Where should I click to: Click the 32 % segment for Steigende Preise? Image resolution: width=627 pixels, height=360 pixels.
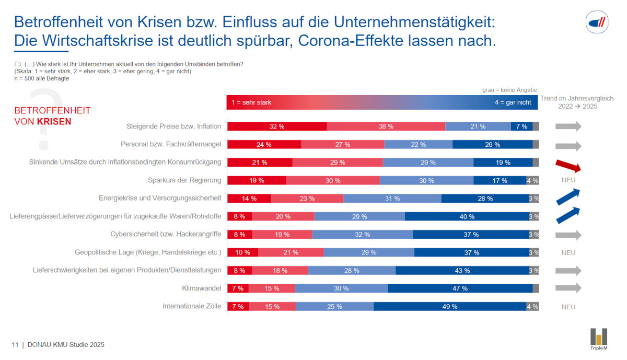[x=277, y=126]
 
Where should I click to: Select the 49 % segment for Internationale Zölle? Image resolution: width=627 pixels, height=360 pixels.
[x=450, y=307]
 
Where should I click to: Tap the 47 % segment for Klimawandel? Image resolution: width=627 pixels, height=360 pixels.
[x=460, y=288]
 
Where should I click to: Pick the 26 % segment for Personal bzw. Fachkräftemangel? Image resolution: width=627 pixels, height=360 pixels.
[x=492, y=145]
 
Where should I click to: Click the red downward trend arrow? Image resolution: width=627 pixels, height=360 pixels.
[x=568, y=166]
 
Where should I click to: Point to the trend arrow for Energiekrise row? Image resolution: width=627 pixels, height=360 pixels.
[x=568, y=196]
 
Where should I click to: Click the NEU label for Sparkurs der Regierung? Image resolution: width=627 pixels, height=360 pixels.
[x=568, y=180]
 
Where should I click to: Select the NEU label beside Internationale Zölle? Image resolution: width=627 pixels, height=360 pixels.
[x=568, y=307]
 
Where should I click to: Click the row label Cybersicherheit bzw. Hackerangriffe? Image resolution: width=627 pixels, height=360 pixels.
[x=166, y=234]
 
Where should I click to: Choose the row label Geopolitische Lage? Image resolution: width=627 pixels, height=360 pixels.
[x=148, y=252]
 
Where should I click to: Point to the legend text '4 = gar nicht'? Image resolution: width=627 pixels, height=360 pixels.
[x=513, y=102]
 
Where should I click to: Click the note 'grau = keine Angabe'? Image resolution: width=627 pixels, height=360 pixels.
[x=509, y=90]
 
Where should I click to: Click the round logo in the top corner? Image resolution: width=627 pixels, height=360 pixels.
[x=597, y=22]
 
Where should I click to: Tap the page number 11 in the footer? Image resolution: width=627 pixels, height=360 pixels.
[x=15, y=345]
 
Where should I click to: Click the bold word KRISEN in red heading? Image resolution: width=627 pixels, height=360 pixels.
[x=54, y=122]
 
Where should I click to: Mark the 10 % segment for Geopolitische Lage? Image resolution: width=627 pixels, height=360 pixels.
[x=243, y=252]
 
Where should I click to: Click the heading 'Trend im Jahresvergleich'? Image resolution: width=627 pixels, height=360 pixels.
[x=577, y=98]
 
